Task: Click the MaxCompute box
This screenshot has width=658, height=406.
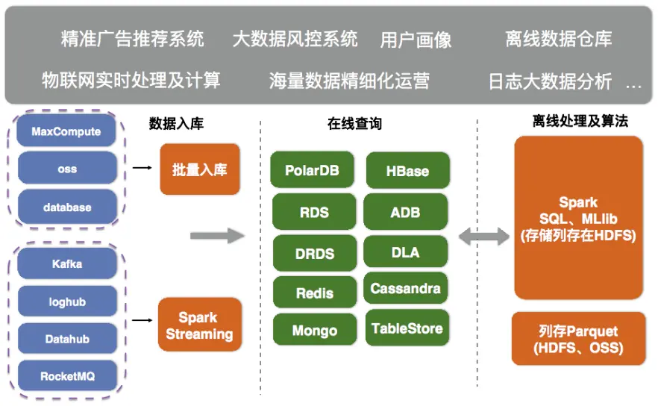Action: tap(66, 131)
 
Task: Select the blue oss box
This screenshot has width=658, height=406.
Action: tap(67, 169)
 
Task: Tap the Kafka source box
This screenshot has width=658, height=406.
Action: tap(67, 263)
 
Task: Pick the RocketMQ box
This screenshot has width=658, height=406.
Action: tap(67, 375)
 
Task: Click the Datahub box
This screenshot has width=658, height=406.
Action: tap(67, 338)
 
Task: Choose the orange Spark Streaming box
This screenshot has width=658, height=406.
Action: tap(200, 325)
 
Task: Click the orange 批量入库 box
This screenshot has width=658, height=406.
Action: tap(200, 169)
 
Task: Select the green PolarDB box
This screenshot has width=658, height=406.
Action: tap(312, 169)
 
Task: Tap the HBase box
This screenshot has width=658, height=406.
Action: tap(407, 170)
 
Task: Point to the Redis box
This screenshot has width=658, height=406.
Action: tap(315, 293)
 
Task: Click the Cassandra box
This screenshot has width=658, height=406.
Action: tap(405, 288)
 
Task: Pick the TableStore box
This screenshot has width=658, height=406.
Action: tap(407, 328)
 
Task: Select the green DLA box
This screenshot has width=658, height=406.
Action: tap(405, 252)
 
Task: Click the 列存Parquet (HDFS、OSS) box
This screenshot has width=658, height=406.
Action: tap(578, 339)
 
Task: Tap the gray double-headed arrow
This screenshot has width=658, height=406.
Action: tap(484, 236)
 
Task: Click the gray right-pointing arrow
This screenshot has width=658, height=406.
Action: tap(217, 235)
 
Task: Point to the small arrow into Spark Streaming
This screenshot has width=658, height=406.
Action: tap(142, 320)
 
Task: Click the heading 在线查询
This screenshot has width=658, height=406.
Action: tap(354, 123)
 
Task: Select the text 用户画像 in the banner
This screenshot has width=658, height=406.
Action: tap(416, 40)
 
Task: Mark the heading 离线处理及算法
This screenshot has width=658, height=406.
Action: tap(580, 121)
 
